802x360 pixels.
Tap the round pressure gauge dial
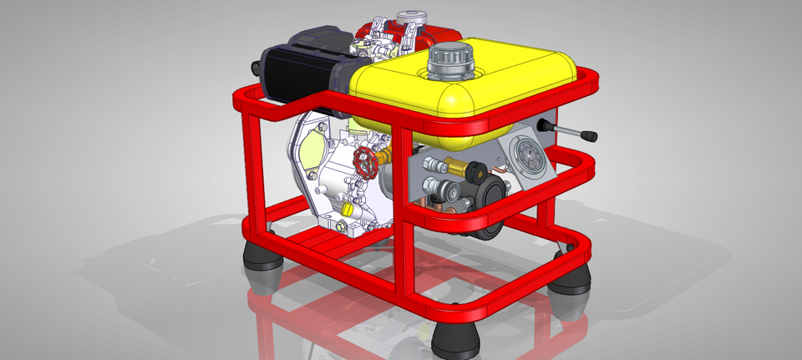click(527, 156)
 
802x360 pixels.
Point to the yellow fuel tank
click(468, 88)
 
